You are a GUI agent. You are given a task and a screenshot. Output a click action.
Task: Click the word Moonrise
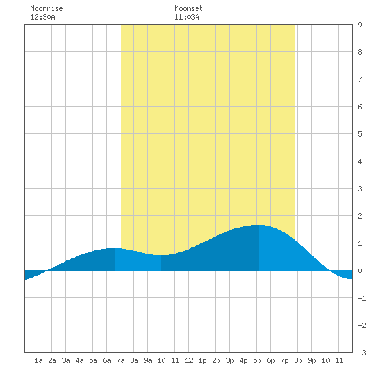[x=46, y=8]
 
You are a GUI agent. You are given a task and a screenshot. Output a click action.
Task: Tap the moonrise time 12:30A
[x=42, y=17]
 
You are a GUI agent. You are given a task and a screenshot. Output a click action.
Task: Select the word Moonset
[x=189, y=8]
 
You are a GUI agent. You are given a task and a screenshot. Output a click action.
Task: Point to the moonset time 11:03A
[x=187, y=17]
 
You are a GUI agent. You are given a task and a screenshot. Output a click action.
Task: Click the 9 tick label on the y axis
[x=360, y=25]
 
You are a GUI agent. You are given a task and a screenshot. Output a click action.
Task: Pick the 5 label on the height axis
[x=360, y=134]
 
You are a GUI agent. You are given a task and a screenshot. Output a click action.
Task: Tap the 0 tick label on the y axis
[x=360, y=271]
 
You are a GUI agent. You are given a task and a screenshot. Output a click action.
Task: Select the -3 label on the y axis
[x=362, y=353]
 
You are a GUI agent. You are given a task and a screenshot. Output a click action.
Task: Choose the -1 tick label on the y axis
[x=362, y=298]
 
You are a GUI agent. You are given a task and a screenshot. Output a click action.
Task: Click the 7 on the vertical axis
[x=360, y=79]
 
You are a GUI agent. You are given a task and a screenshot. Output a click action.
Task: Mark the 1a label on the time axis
[x=38, y=360]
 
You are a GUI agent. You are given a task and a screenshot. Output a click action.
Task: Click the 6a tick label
[x=107, y=360]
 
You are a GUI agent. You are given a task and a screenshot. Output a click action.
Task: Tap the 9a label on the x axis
[x=148, y=360]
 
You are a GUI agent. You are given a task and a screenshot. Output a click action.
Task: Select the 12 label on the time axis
[x=189, y=360]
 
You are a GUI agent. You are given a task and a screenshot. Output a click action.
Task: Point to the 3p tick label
[x=230, y=360]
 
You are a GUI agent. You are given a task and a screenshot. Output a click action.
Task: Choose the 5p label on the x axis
[x=257, y=360]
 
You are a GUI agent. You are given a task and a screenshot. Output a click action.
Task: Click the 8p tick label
[x=298, y=360]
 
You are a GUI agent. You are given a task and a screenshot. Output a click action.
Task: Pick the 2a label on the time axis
[x=52, y=360]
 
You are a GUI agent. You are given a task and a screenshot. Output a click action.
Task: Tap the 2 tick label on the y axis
[x=360, y=216]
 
